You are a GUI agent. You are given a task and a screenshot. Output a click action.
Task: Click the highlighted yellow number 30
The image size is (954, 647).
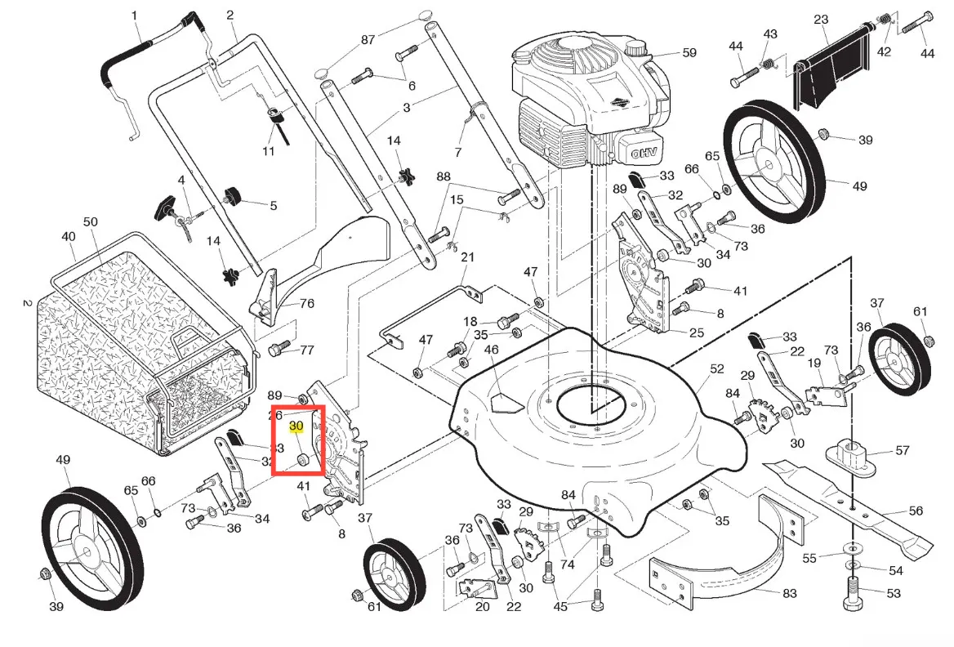tap(296, 426)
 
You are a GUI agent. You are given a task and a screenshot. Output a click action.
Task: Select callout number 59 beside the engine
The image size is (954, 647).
tap(689, 53)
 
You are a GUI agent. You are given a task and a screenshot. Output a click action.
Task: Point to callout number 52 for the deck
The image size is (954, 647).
tap(716, 368)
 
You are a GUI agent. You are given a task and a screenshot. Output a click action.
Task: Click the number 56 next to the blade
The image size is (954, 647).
tap(916, 511)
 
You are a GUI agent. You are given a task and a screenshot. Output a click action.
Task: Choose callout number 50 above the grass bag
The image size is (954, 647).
tap(91, 222)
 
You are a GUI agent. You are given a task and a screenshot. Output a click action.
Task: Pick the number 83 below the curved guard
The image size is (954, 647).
tap(789, 593)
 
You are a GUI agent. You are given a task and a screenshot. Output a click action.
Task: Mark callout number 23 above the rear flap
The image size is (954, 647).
tap(821, 20)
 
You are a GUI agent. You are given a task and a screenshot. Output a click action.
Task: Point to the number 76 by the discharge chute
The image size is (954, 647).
tap(307, 304)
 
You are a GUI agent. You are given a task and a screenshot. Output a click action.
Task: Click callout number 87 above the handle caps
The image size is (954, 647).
tap(368, 39)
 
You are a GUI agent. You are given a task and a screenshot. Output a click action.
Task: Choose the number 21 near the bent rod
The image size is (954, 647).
tap(467, 257)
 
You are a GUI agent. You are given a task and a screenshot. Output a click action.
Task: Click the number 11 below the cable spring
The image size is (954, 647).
tap(268, 152)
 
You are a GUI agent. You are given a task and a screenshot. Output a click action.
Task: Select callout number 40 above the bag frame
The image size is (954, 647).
tap(68, 237)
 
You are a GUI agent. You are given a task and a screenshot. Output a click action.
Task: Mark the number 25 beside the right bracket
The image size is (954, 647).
tap(697, 332)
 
